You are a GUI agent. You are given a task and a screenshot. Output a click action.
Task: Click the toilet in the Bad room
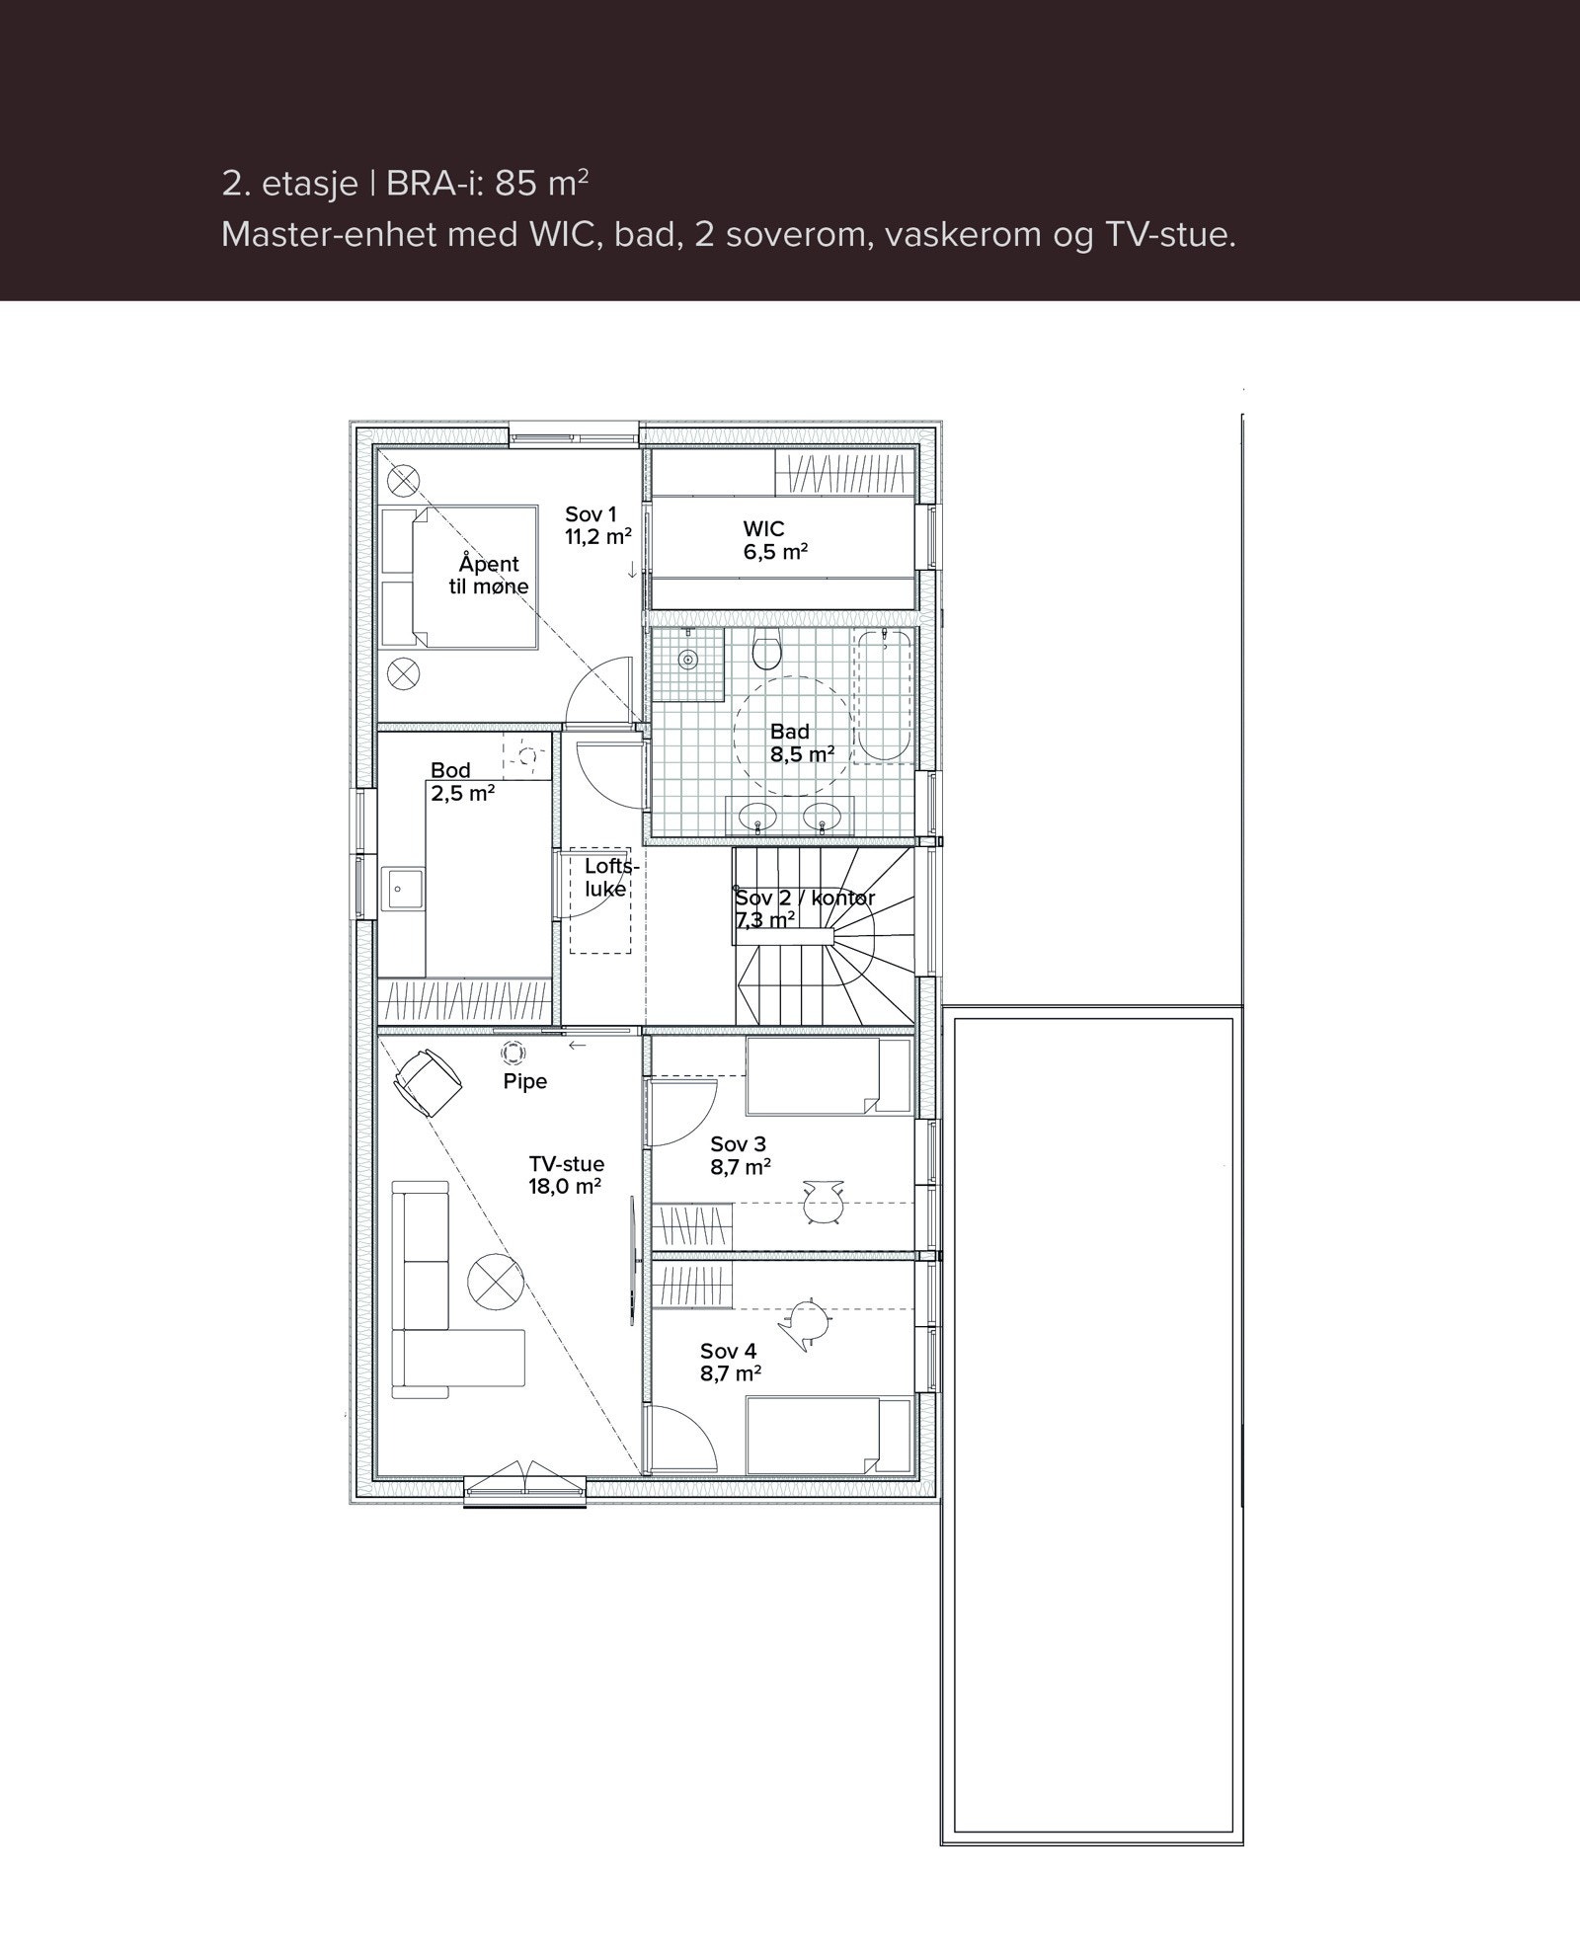tap(767, 652)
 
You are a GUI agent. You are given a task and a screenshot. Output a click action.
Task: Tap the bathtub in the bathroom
tap(883, 696)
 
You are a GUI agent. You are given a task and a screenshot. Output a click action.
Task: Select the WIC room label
tap(763, 529)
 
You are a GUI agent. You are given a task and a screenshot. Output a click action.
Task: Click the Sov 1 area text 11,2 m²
tap(597, 536)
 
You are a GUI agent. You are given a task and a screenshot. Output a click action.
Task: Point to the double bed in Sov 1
tap(460, 577)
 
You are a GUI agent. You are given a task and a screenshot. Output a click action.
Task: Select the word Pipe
tap(524, 1081)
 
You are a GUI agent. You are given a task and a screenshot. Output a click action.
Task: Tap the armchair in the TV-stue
tap(429, 1082)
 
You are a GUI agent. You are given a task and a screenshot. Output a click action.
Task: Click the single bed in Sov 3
tap(828, 1075)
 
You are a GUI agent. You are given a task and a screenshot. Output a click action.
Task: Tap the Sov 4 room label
tap(729, 1351)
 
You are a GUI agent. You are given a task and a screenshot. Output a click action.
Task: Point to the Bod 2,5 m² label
tap(461, 781)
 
